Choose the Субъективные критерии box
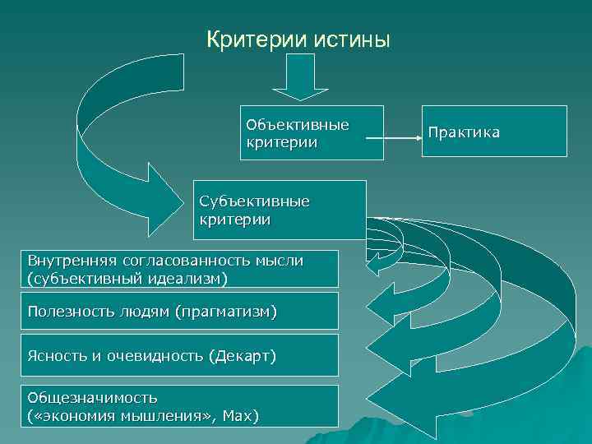point(279,210)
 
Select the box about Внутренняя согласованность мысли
point(180,269)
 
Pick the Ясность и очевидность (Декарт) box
point(180,355)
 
